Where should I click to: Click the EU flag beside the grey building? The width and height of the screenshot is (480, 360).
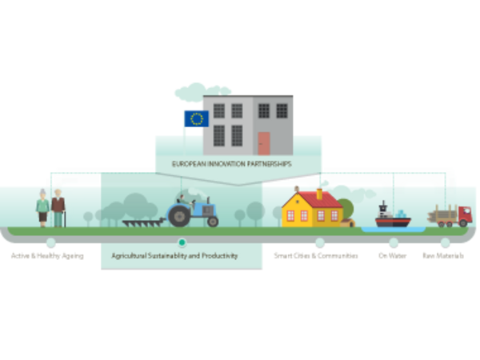[195, 119]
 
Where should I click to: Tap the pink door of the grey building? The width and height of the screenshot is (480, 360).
[264, 143]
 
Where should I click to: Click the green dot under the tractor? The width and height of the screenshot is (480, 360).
[182, 242]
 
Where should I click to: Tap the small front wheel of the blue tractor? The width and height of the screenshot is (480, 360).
[212, 221]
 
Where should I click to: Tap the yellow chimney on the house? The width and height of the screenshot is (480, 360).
[318, 194]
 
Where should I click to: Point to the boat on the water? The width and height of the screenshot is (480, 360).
[393, 218]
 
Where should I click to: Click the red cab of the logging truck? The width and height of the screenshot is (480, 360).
[464, 215]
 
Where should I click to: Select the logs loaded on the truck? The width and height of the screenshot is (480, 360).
[442, 214]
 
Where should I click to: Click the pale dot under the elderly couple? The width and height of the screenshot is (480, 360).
[50, 242]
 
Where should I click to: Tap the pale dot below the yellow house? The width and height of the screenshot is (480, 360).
[319, 242]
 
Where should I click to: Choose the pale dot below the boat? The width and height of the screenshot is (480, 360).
[394, 242]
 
